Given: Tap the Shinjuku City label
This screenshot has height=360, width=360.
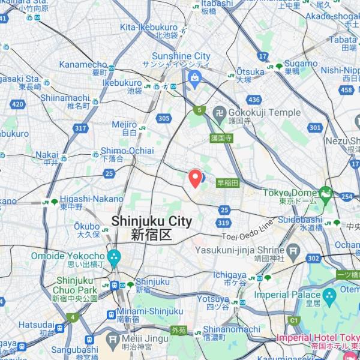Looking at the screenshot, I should point(152,228).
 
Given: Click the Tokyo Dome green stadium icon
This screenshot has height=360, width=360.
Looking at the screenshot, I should point(325,193).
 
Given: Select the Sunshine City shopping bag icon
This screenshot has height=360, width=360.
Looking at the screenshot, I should point(195,76).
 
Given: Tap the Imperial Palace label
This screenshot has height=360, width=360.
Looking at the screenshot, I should point(287,295).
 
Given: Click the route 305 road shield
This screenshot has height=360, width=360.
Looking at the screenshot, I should point(163,119).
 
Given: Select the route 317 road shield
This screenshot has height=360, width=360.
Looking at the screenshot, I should point(81,128).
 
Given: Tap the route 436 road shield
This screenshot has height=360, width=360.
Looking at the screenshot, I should point(254,100).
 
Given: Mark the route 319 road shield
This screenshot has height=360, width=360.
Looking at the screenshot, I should point(224,223).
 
